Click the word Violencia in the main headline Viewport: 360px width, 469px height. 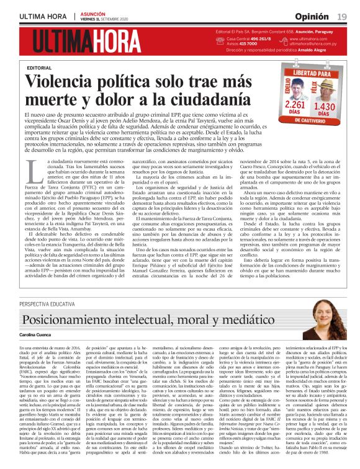[x=69, y=81]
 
